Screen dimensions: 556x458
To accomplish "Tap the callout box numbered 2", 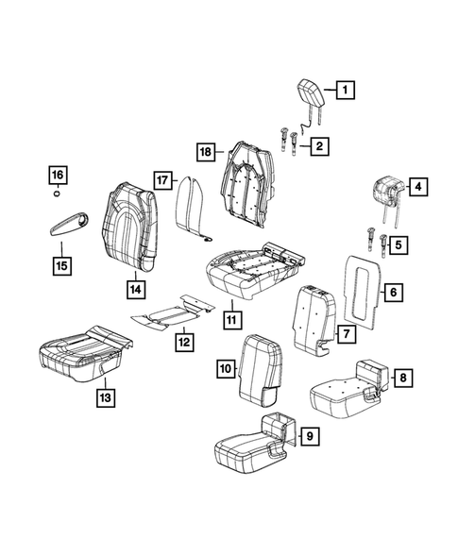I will tap(321, 145).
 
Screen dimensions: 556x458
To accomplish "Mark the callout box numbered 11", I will tap(230, 319).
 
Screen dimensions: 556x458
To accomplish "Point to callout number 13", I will tap(107, 399).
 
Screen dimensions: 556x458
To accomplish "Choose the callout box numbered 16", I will tap(58, 176).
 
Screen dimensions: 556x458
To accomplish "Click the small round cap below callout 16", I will tap(58, 195).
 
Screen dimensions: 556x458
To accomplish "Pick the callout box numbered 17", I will tap(161, 179).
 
